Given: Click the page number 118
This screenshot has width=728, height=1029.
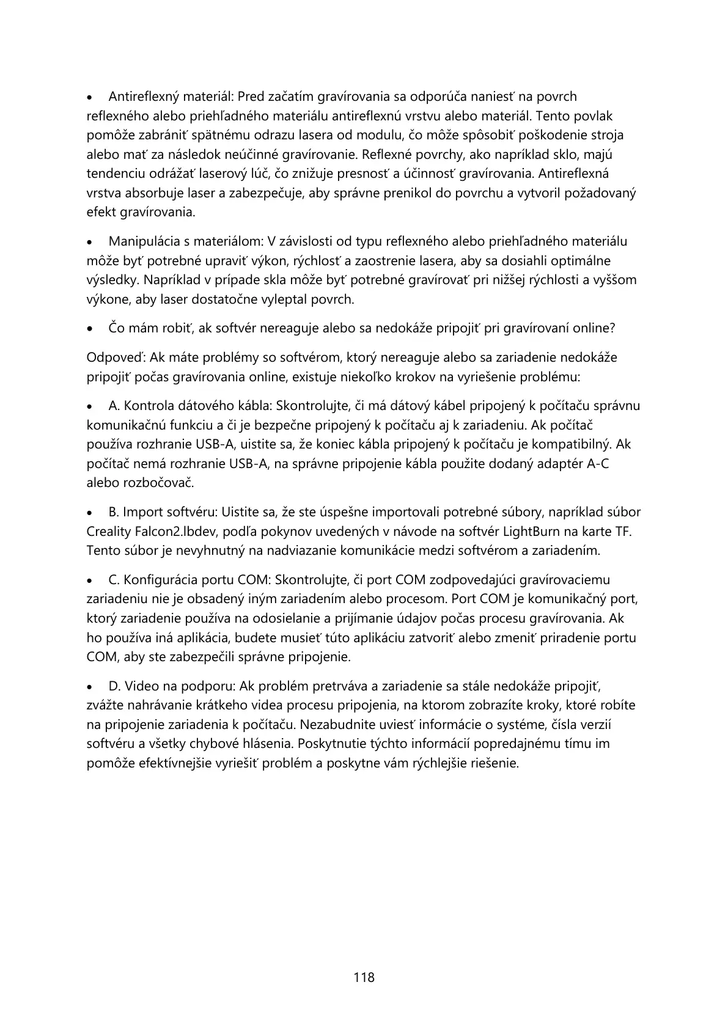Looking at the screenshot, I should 364,977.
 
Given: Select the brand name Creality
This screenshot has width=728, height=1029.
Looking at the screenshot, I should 110,532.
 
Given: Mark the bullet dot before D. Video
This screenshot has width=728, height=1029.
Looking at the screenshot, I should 90,687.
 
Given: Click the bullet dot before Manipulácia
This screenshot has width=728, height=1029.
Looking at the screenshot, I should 90,242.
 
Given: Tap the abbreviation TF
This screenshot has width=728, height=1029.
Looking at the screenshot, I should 622,532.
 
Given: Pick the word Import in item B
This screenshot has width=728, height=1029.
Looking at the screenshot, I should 141,512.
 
